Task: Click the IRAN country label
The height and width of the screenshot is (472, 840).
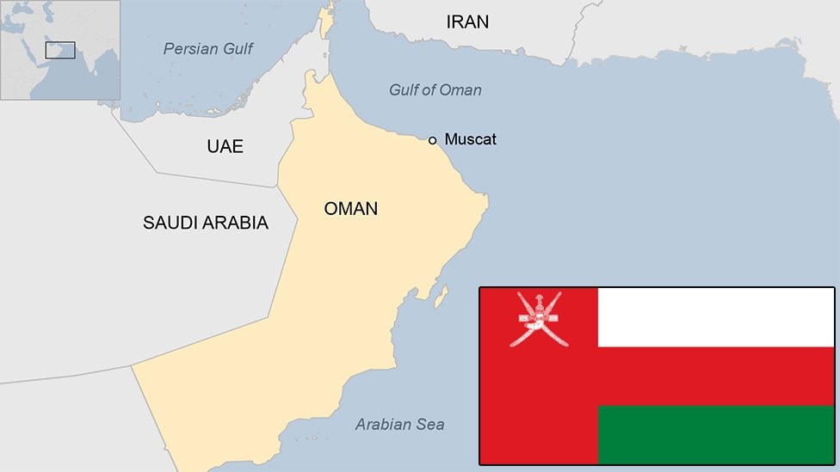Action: point(467,22)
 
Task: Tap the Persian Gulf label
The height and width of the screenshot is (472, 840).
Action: point(208,49)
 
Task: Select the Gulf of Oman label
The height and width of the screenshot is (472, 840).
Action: point(435,90)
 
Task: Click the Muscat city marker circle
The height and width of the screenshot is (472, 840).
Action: point(434,139)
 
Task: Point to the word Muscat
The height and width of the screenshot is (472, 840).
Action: point(471,139)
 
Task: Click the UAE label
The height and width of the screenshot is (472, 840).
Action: point(225,146)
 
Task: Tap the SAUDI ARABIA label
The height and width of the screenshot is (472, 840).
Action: point(205,223)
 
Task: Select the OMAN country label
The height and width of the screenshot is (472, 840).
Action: point(350,208)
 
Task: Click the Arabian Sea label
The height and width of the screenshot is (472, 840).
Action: point(399,424)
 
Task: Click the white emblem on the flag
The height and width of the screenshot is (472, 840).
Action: point(539,318)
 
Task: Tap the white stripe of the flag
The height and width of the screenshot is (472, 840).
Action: point(716,316)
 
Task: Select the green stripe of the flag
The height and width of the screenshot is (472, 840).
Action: point(716,434)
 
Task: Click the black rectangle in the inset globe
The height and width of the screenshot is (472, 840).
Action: point(60,50)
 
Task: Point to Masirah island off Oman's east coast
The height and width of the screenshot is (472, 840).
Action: point(440,297)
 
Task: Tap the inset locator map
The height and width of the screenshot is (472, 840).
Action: point(60,50)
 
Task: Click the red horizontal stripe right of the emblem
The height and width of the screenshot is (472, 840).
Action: point(716,376)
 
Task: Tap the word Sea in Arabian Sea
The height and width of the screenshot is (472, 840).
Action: point(429,424)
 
